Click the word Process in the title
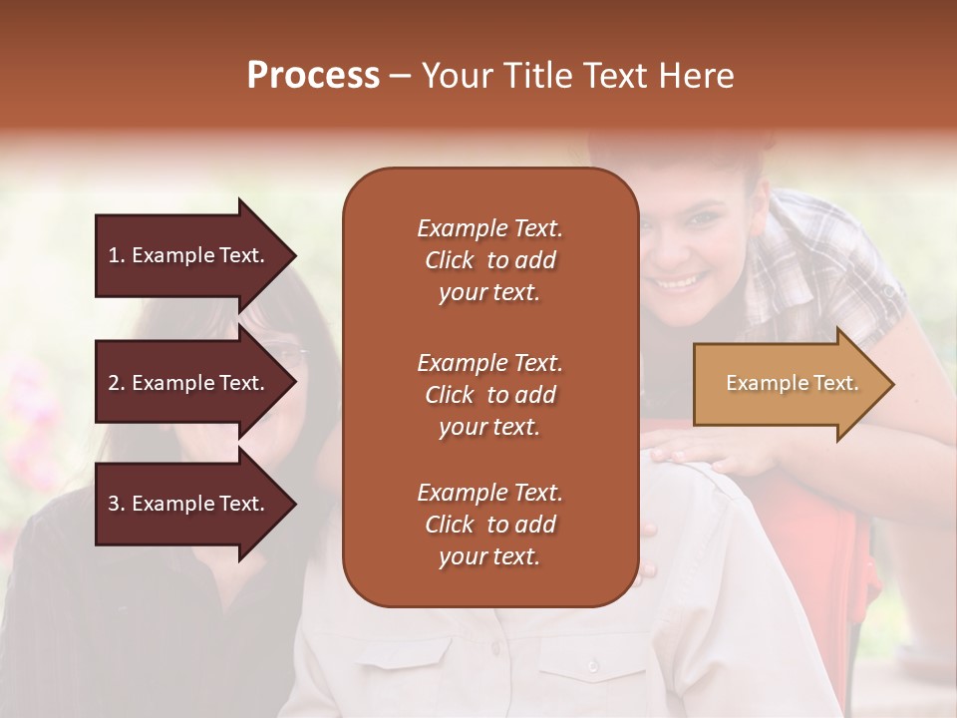[313, 76]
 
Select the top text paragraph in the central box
[489, 260]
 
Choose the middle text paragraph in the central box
[489, 395]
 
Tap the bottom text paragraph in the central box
[489, 525]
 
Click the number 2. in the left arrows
[117, 383]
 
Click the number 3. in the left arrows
[117, 504]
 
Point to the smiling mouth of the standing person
[682, 280]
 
